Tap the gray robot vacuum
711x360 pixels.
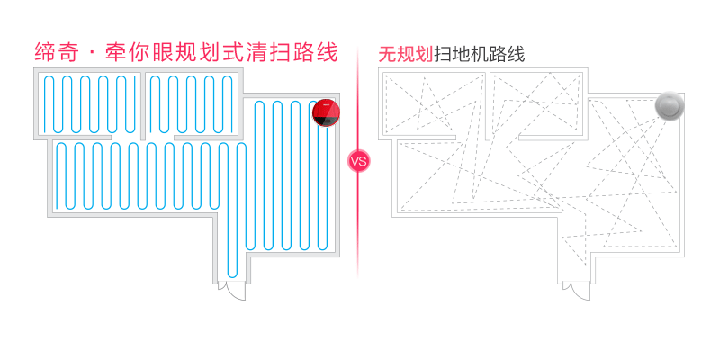coord(670,106)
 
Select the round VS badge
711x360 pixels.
coord(358,162)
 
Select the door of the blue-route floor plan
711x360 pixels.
coord(233,291)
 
